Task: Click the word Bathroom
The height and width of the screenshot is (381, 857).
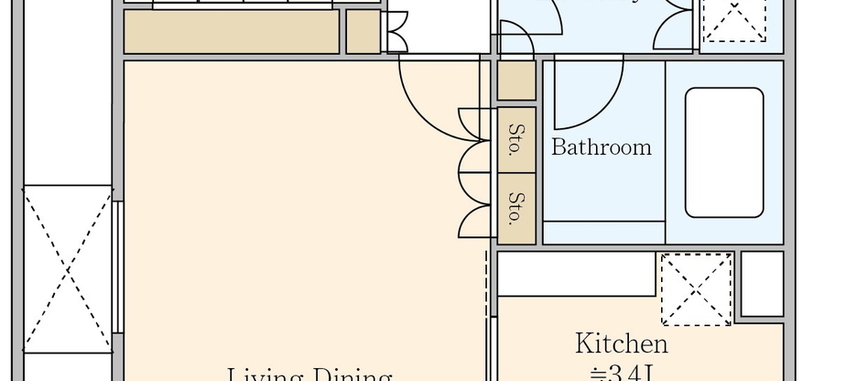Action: [602, 147]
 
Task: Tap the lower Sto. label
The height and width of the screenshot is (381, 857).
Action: [515, 207]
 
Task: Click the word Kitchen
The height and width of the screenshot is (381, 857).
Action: [621, 344]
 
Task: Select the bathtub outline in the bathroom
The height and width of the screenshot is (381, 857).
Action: [723, 152]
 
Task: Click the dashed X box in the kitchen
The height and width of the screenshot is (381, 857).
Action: [696, 288]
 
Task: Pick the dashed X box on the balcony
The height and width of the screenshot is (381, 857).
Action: [68, 267]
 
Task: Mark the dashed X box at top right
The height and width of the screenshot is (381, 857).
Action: [733, 20]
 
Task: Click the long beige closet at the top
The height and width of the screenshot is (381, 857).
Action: [231, 32]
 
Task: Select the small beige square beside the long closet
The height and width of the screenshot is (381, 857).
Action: [363, 32]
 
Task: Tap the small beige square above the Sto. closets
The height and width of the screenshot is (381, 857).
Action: [515, 82]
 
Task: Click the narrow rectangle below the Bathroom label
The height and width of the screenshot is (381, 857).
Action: [603, 233]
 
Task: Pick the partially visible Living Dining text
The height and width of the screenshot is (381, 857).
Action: [309, 374]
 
